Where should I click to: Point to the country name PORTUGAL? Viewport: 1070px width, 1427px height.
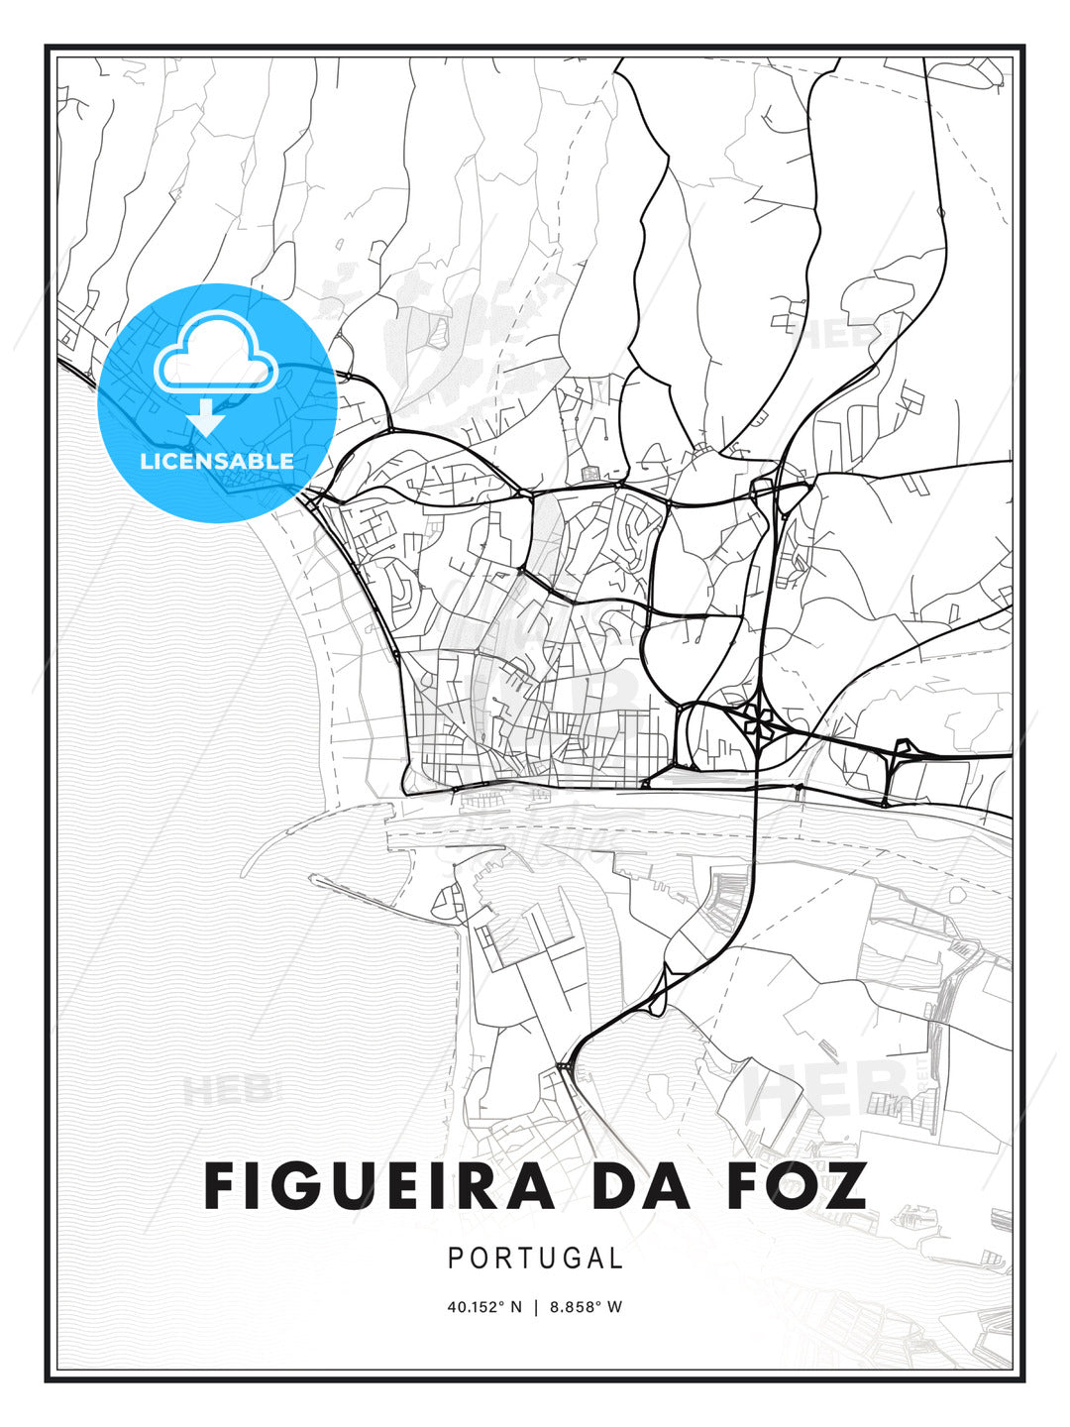tap(535, 1259)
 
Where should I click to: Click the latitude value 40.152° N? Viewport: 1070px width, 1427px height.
tap(484, 1307)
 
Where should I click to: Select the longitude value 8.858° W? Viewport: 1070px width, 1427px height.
tap(586, 1307)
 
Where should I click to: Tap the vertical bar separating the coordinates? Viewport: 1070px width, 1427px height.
tap(536, 1307)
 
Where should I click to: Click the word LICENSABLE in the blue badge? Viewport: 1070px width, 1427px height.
tap(217, 461)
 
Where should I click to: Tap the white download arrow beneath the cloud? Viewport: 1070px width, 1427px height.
tap(206, 417)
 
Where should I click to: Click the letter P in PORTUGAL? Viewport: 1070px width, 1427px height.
tap(455, 1259)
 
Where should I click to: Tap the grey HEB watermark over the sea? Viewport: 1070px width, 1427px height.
tap(226, 1090)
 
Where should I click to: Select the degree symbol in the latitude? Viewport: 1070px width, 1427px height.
tap(500, 1302)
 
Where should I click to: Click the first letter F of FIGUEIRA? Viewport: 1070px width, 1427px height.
tap(223, 1185)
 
